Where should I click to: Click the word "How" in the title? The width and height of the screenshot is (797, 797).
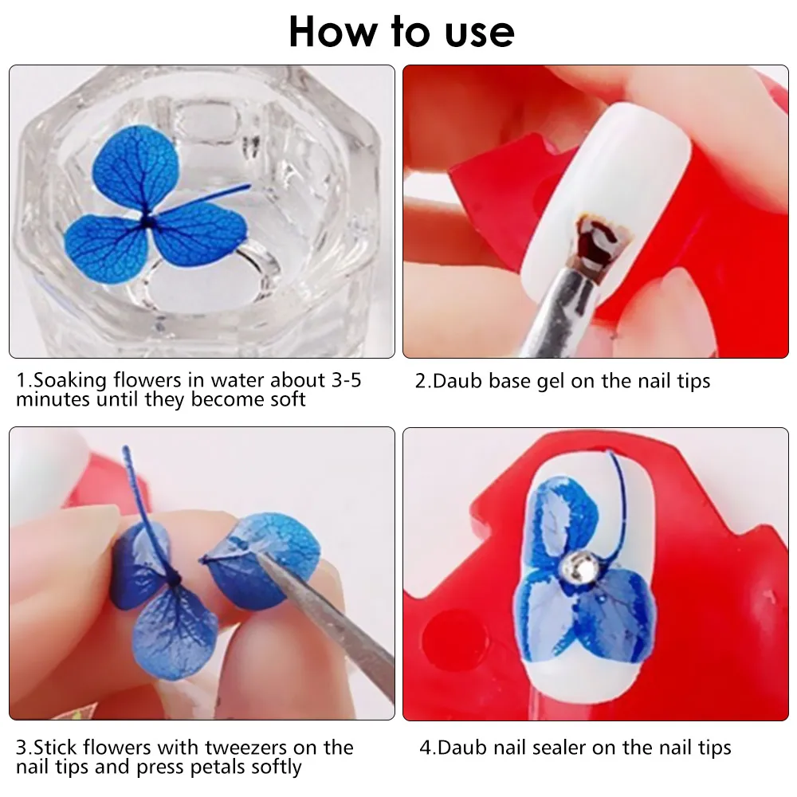point(332,33)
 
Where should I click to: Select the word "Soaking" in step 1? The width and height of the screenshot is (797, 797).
point(71,381)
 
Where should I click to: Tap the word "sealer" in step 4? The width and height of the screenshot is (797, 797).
point(556,748)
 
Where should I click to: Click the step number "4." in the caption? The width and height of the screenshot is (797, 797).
point(427,748)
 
